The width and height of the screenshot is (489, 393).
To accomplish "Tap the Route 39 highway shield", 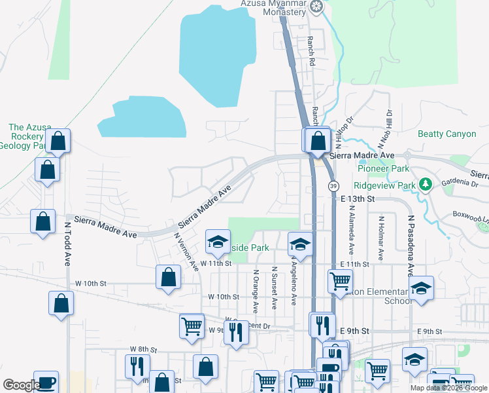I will coord(333,186).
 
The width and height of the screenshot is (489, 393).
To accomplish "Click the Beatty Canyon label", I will coord(447,134).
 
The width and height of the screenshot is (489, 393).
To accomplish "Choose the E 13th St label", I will coord(356,198).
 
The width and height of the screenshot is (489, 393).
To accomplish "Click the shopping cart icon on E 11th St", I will coord(340,282).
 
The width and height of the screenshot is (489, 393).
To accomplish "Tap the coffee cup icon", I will coord(46,382).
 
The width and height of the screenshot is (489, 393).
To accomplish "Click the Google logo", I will coord(21,385).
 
